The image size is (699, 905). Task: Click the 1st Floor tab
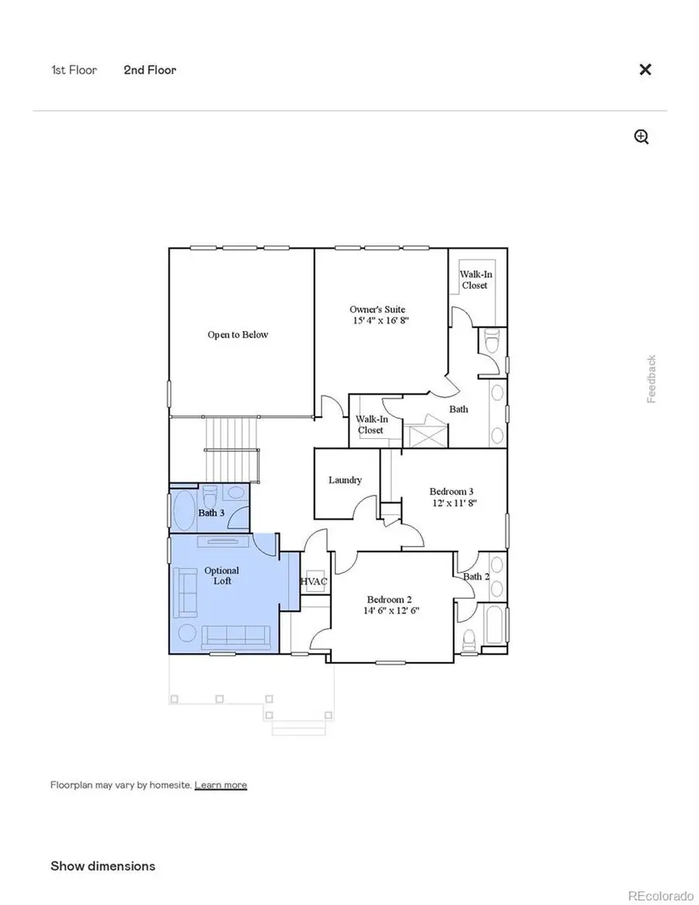pos(74,70)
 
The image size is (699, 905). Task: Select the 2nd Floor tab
pos(150,70)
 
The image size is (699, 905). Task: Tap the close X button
pos(645,70)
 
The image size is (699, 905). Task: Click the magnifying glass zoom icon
pos(642,137)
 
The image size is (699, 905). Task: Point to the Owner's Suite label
pos(377,315)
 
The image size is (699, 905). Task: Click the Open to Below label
pos(238,335)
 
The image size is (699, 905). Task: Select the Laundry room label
pos(345,480)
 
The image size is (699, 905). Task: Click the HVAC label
pos(314,581)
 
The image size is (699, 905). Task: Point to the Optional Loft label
pos(222,576)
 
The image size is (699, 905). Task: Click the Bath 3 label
pos(211,513)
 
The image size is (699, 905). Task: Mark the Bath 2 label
pos(476,576)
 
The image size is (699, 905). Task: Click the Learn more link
pos(221,785)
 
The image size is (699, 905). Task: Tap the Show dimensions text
pos(103,866)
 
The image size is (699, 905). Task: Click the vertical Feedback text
pos(652,379)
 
